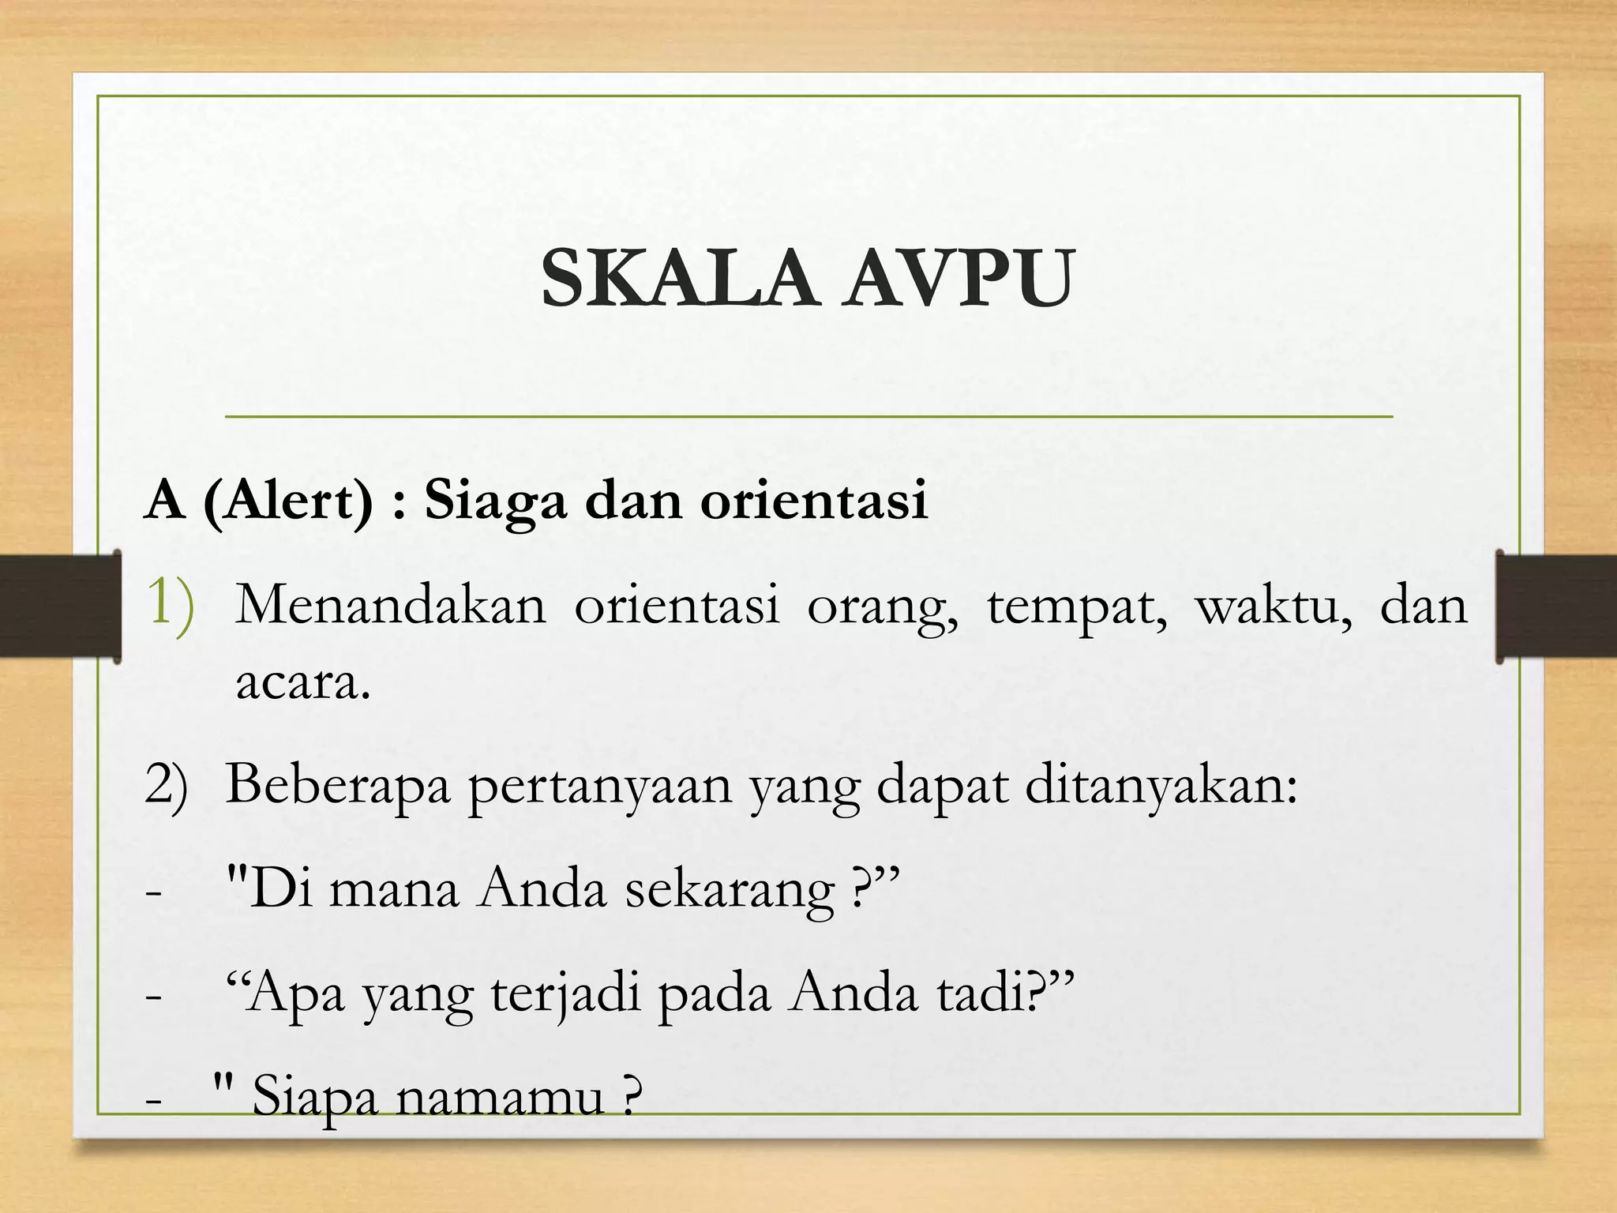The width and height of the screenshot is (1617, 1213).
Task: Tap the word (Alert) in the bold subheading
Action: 288,501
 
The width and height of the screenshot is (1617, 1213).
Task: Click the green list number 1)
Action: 170,605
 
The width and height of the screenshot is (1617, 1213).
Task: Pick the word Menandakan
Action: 391,606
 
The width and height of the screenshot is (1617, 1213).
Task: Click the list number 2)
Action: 167,787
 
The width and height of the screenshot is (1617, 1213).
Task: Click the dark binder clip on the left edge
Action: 60,606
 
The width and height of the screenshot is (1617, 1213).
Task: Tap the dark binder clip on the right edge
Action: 1555,606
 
